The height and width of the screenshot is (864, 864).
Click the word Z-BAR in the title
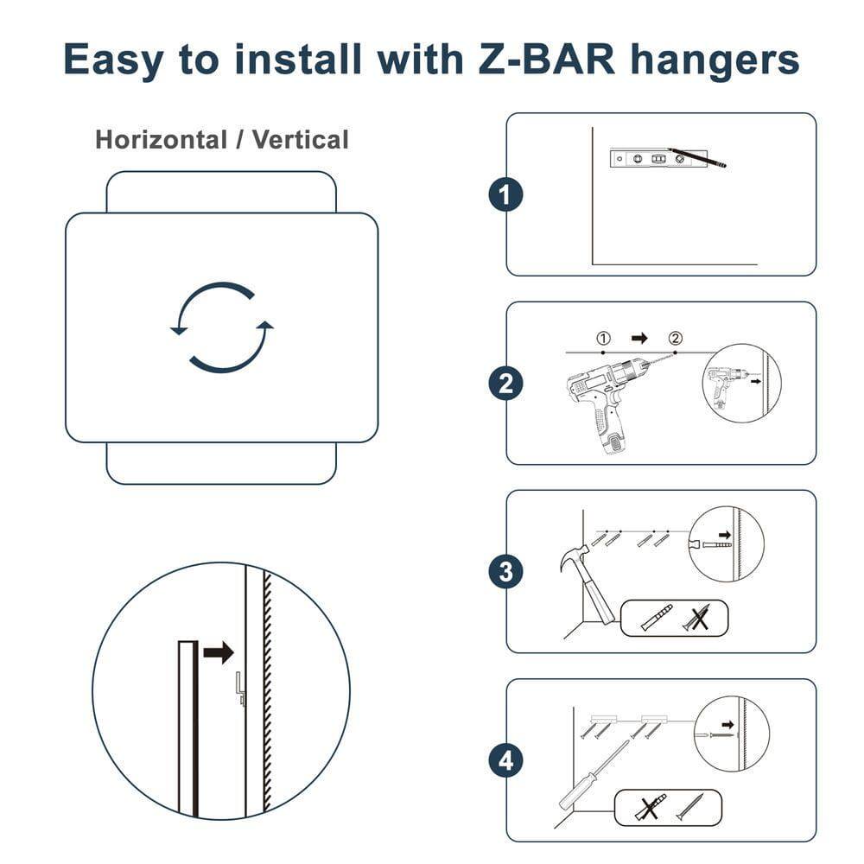(547, 59)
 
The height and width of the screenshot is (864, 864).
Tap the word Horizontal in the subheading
(161, 139)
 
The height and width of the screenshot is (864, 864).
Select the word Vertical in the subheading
(301, 139)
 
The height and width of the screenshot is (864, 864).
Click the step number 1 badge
(505, 194)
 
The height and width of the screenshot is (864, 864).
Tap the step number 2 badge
(505, 383)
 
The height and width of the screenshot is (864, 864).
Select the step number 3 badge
(505, 571)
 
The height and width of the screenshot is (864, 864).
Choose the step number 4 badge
(505, 760)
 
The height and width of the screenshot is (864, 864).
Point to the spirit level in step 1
(658, 159)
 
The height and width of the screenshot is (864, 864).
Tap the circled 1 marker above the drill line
(603, 338)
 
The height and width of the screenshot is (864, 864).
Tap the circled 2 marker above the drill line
(675, 338)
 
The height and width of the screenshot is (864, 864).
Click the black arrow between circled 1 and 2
(639, 338)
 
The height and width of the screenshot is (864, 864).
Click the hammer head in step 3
(573, 557)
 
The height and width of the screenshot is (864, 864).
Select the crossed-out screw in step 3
(697, 619)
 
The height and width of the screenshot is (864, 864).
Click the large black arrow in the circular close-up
(219, 653)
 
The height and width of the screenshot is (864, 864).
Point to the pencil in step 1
(697, 157)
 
